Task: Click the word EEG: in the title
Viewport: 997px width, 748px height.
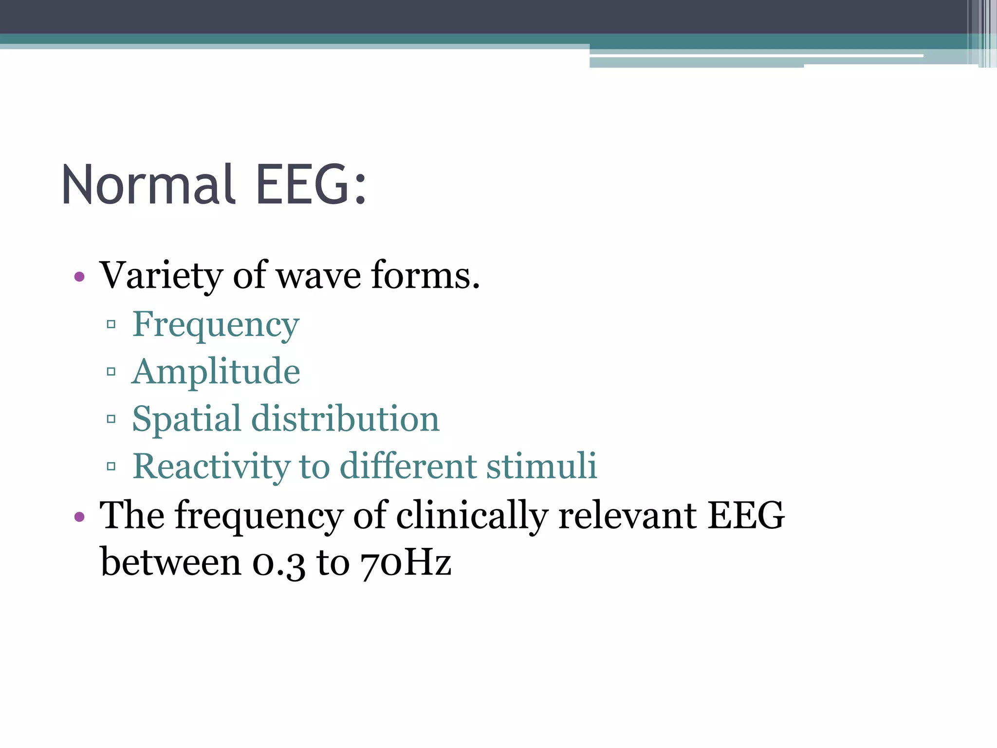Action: pos(311,185)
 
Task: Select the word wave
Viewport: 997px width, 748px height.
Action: pos(319,276)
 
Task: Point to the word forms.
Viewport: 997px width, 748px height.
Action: pos(425,276)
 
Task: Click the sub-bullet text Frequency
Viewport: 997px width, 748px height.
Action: pos(216,325)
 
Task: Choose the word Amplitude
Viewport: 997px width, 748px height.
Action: pos(216,372)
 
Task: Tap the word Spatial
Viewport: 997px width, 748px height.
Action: pos(186,419)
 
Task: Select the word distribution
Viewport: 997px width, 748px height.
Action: pos(345,419)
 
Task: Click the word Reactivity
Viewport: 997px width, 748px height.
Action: pos(211,466)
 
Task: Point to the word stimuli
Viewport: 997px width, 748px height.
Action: pos(541,466)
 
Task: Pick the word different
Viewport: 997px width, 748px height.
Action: pos(408,466)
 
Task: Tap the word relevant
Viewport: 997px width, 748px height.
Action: pos(628,516)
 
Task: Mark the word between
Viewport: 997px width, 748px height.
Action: pos(170,562)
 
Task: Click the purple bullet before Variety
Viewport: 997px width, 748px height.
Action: pos(79,277)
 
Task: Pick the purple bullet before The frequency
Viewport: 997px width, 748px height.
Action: pos(79,517)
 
